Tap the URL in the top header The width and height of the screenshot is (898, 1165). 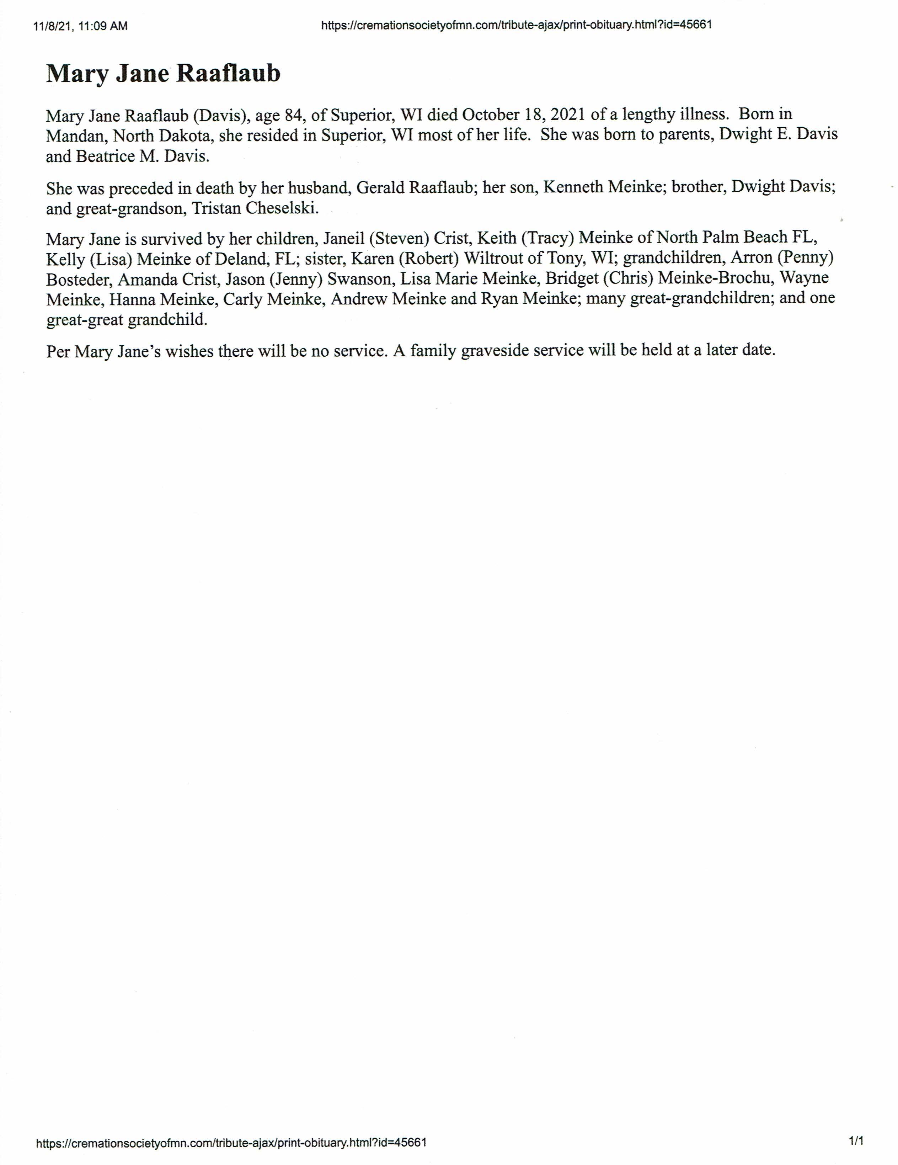pyautogui.click(x=516, y=25)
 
